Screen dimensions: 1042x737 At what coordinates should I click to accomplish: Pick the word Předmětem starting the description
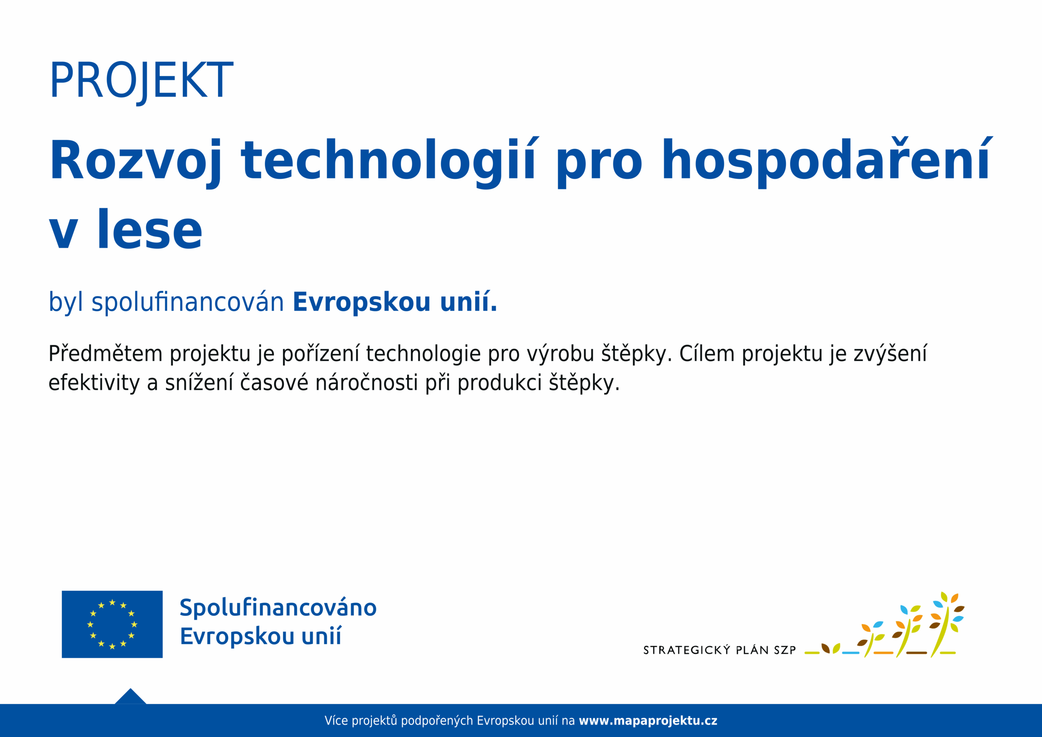coord(105,354)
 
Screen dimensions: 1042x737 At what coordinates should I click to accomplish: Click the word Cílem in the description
coord(707,354)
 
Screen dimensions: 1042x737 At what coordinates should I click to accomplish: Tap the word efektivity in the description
coord(94,383)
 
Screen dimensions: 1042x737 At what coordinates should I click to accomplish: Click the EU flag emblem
coord(112,624)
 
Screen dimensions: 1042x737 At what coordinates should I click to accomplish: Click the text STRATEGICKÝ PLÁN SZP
coord(720,650)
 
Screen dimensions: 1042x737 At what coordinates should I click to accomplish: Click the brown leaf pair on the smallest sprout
coord(825,648)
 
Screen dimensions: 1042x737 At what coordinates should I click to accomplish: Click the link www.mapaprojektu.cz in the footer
coord(648,721)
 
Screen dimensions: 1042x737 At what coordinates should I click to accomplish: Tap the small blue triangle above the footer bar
coord(131,697)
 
